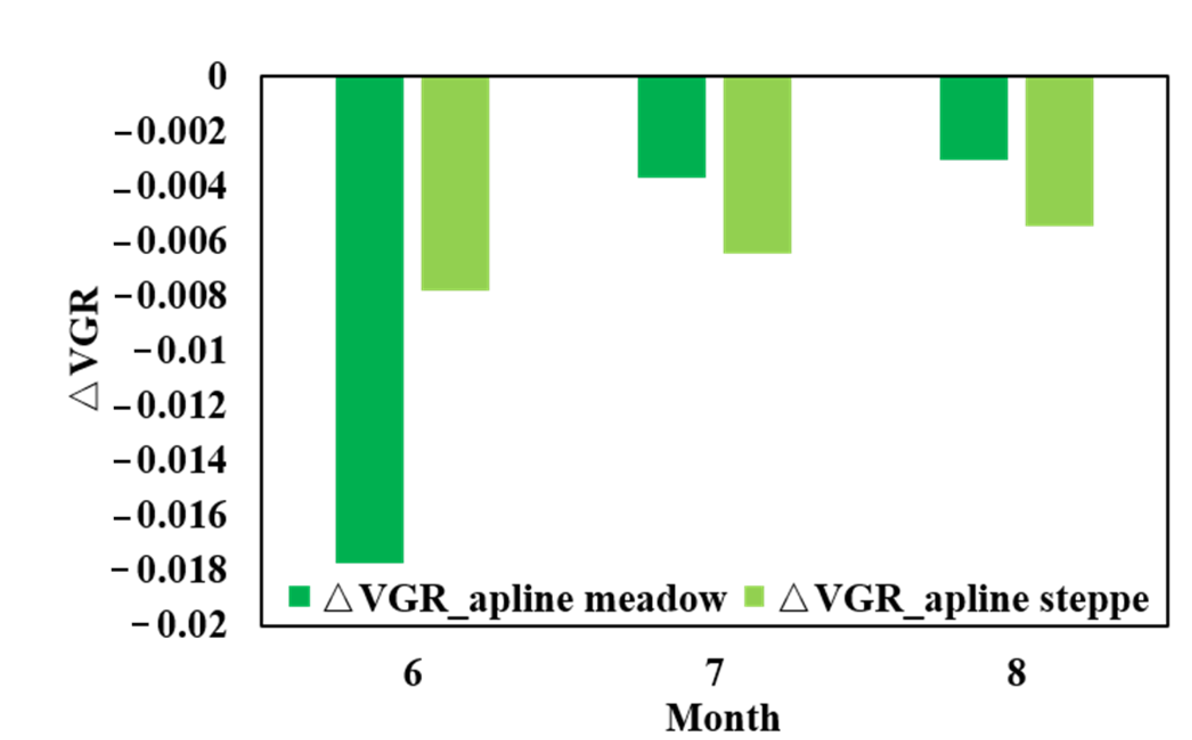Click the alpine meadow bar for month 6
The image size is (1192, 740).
click(370, 318)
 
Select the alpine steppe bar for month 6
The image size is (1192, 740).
click(455, 184)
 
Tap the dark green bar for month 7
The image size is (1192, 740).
click(672, 127)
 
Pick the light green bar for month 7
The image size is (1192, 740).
click(757, 165)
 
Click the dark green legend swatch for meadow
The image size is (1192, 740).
click(299, 596)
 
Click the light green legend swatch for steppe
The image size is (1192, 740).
click(754, 596)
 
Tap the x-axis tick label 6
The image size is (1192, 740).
click(413, 673)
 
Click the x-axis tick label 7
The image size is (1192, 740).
click(715, 673)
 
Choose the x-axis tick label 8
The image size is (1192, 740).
click(1017, 673)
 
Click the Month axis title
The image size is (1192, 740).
click(723, 718)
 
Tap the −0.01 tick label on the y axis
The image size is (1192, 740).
click(180, 351)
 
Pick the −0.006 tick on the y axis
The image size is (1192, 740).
click(170, 242)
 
